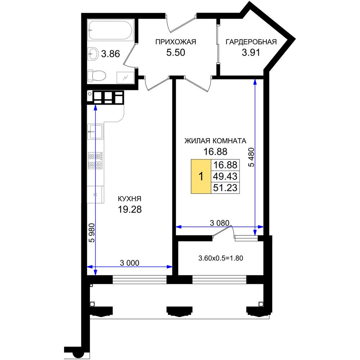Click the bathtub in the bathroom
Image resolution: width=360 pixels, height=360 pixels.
pyautogui.click(x=111, y=31)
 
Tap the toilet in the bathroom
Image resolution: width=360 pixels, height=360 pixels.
pyautogui.click(x=96, y=75)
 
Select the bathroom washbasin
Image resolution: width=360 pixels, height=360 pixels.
pyautogui.click(x=93, y=54)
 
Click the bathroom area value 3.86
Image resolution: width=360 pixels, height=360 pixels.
pyautogui.click(x=111, y=54)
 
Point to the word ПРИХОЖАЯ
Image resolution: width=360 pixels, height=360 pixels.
pyautogui.click(x=176, y=42)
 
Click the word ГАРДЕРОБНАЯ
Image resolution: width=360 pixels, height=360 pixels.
pyautogui.click(x=251, y=42)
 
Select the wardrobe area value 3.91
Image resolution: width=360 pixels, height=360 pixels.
pyautogui.click(x=251, y=53)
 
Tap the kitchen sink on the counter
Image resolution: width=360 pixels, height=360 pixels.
pyautogui.click(x=95, y=131)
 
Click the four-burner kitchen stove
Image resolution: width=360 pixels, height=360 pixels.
pyautogui.click(x=95, y=161)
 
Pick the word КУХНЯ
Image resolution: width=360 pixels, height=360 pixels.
pyautogui.click(x=130, y=199)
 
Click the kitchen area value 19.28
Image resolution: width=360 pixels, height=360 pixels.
pyautogui.click(x=130, y=210)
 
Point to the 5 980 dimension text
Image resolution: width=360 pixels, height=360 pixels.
pyautogui.click(x=92, y=233)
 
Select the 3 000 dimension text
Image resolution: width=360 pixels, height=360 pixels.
pyautogui.click(x=130, y=263)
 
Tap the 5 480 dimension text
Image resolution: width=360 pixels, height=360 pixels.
pyautogui.click(x=252, y=157)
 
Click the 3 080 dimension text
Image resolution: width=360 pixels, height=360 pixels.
pyautogui.click(x=220, y=223)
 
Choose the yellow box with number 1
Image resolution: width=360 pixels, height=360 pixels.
pyautogui.click(x=201, y=176)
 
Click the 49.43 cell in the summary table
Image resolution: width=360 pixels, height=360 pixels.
pyautogui.click(x=225, y=176)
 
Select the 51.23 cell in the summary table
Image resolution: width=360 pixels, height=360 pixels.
pyautogui.click(x=225, y=188)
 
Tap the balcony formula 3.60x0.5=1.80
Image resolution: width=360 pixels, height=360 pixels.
pyautogui.click(x=221, y=258)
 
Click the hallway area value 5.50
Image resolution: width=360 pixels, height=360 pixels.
pyautogui.click(x=176, y=53)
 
